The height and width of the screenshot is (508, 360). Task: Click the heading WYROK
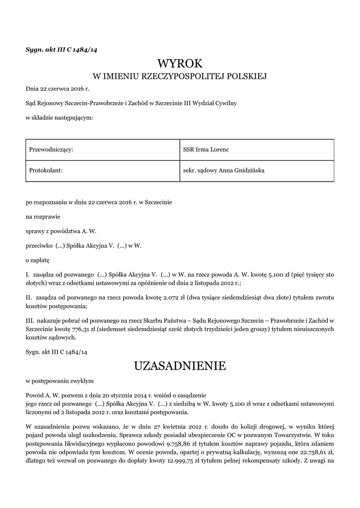[180, 63]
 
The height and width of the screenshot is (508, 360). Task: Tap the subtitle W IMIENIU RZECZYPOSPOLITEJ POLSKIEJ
[180, 76]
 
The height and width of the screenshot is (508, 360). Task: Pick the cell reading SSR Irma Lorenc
[206, 149]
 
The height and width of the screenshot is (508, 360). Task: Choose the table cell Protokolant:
[46, 170]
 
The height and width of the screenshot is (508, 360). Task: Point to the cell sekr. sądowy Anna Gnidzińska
[223, 170]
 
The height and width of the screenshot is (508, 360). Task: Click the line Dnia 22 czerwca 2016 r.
[57, 89]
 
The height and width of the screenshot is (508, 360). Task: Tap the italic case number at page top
[58, 49]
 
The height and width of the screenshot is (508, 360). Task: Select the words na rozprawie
[43, 216]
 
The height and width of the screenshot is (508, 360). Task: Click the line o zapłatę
[38, 259]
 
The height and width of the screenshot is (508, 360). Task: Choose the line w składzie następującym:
[59, 118]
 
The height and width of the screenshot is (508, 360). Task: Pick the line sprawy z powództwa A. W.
[61, 231]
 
